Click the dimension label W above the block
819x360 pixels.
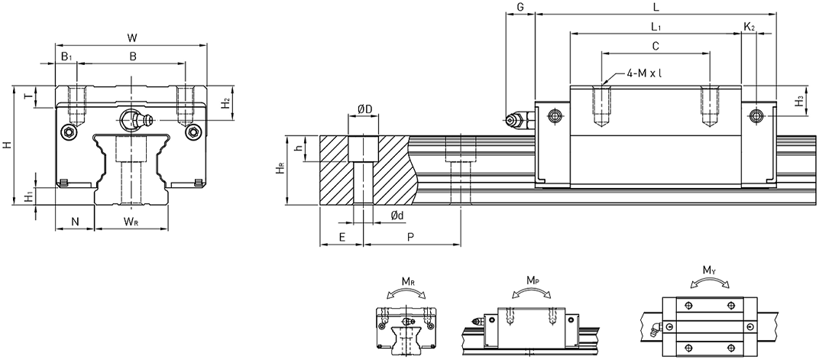click(x=132, y=37)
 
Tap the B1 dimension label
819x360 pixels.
click(x=66, y=57)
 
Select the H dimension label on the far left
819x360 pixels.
click(x=6, y=145)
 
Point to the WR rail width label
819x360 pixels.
click(x=131, y=222)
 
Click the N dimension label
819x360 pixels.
click(x=75, y=222)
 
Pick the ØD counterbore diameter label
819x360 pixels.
click(x=364, y=109)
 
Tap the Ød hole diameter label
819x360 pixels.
click(x=397, y=216)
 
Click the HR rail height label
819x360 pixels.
click(x=280, y=169)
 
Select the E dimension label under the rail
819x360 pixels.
click(x=342, y=237)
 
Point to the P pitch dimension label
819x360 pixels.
click(x=410, y=237)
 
